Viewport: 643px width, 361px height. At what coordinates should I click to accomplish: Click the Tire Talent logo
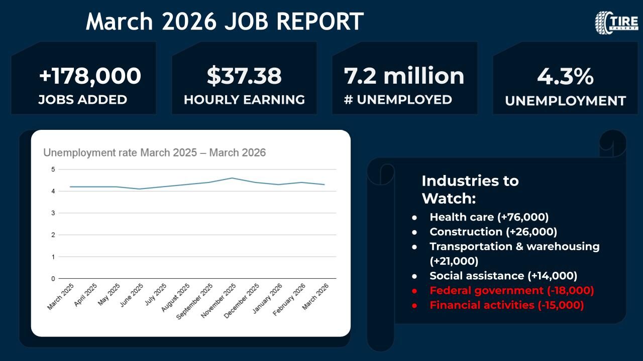pos(616,23)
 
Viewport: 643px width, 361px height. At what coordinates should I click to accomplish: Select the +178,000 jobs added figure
pos(90,76)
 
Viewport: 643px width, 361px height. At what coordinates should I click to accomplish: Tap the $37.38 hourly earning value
pos(244,76)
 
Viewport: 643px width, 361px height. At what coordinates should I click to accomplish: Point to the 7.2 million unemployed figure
pos(404,76)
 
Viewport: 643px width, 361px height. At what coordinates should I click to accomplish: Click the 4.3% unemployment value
pos(565,77)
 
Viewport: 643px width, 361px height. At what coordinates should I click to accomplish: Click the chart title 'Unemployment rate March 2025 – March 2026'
pos(154,152)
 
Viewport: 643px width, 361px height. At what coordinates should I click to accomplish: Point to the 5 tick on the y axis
pos(53,169)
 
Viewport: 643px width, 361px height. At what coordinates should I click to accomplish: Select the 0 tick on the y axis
pos(53,278)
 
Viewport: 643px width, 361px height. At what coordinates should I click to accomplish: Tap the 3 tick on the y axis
pos(53,213)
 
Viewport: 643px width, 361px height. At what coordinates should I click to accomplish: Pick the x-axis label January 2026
pos(267,298)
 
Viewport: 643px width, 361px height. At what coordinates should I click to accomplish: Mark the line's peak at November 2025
pos(231,178)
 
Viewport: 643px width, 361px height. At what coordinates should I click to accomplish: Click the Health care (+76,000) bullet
pos(489,217)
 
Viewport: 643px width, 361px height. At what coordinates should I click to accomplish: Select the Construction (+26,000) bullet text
pos(493,232)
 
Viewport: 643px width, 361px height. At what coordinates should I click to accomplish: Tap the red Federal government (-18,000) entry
pos(511,290)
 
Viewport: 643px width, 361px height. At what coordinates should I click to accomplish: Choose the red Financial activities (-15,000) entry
pos(506,305)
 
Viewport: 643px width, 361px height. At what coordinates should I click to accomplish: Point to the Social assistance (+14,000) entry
pos(503,276)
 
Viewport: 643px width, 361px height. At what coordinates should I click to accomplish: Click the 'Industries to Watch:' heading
pos(470,189)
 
